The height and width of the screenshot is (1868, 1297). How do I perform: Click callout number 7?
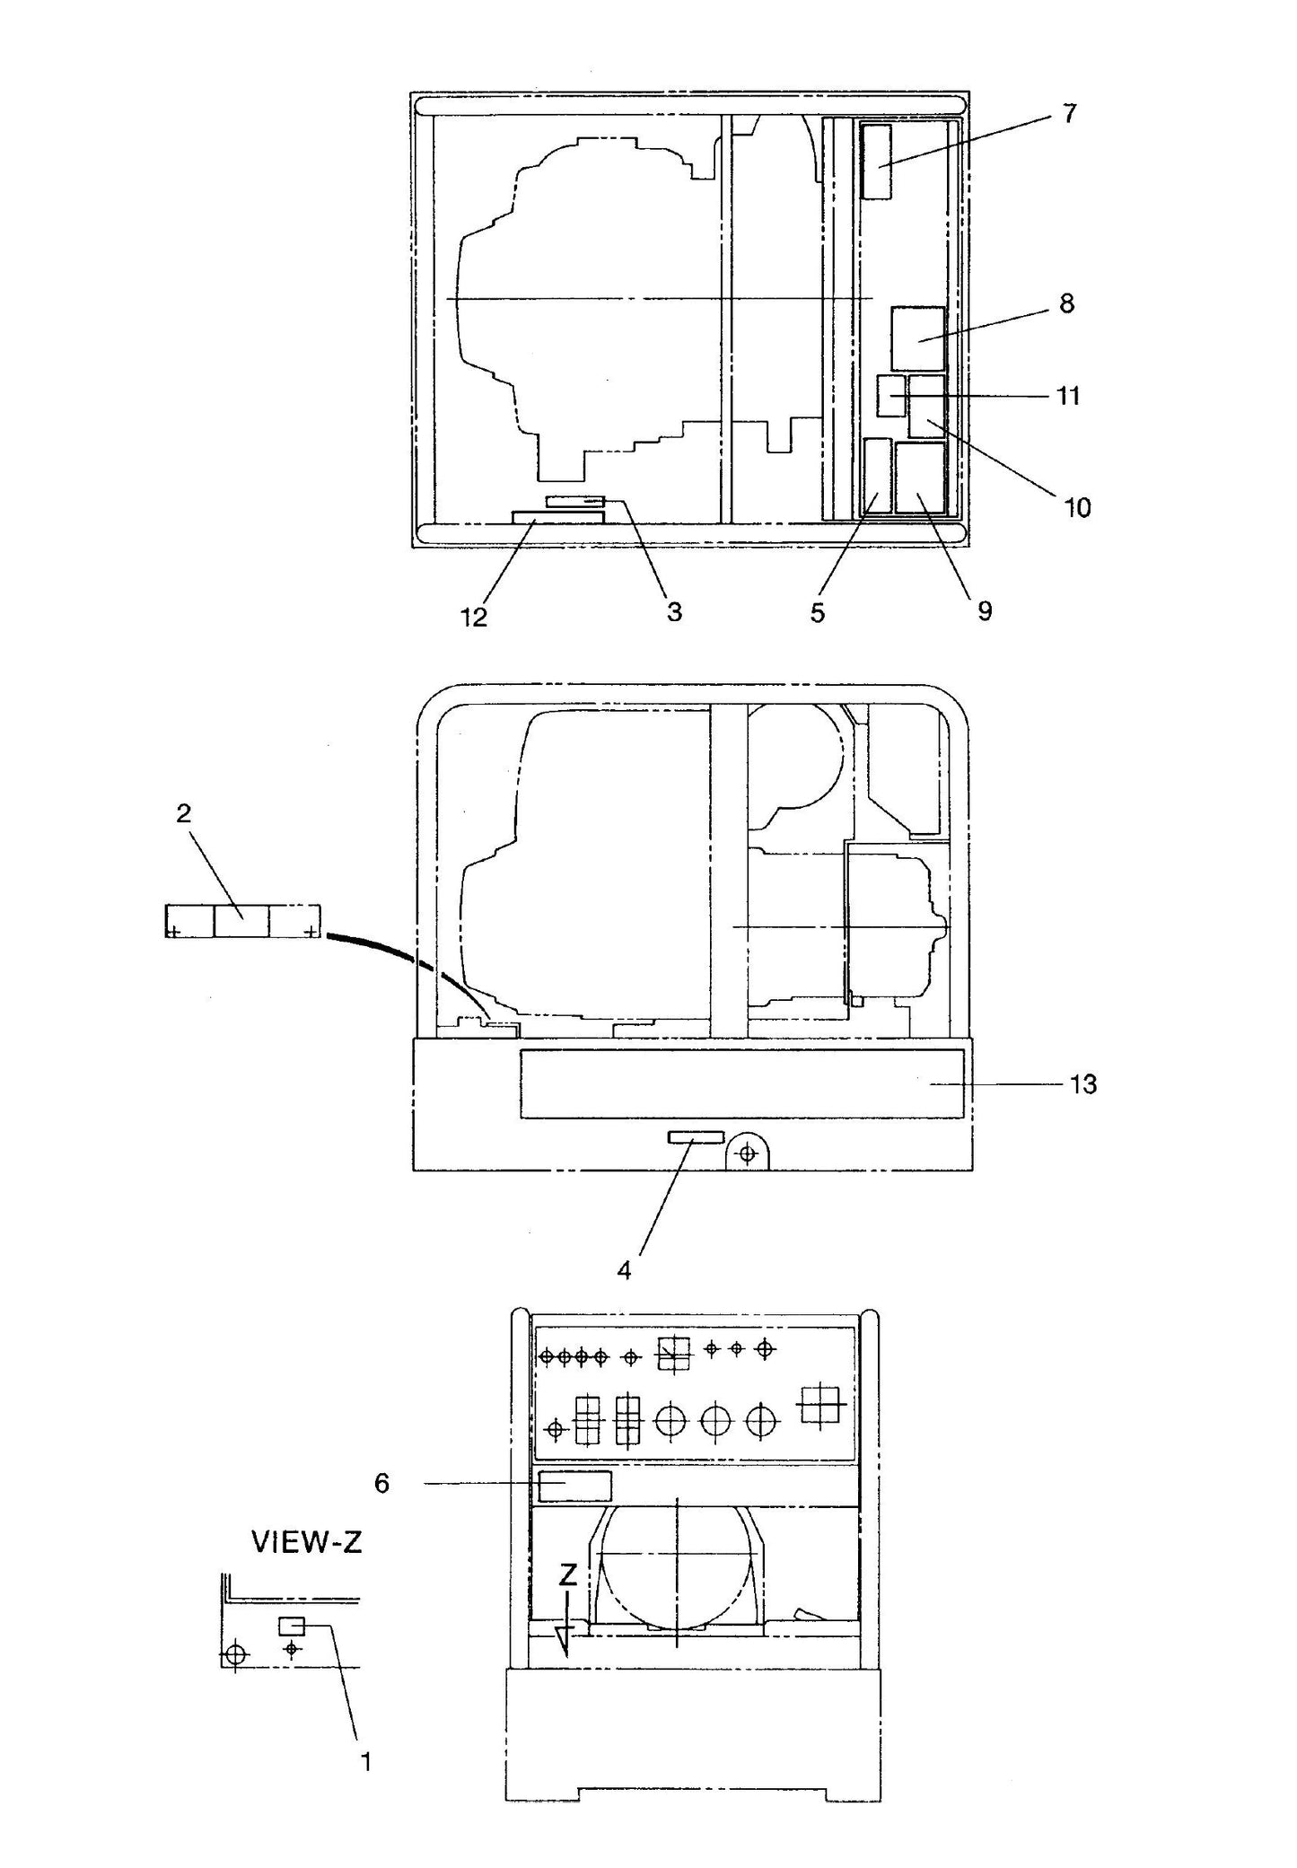[x=1068, y=114]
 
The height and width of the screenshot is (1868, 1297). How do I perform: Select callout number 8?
[x=1066, y=304]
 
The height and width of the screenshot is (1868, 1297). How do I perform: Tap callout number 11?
[x=1067, y=396]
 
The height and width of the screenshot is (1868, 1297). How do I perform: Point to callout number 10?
[x=1077, y=508]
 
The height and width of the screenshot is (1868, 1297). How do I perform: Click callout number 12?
[x=474, y=617]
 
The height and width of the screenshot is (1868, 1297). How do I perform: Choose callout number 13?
[x=1083, y=1085]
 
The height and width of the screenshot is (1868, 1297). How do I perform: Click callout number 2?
[x=183, y=813]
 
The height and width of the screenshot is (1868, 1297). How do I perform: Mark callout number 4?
[x=624, y=1271]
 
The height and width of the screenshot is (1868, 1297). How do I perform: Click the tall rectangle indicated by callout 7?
[x=877, y=162]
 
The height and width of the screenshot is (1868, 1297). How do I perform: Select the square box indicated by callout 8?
[x=917, y=338]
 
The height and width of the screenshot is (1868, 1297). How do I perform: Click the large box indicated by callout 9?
[x=920, y=478]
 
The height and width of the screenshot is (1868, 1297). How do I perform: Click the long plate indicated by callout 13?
[x=741, y=1084]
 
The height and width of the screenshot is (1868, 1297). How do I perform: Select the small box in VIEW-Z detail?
[x=292, y=1626]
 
